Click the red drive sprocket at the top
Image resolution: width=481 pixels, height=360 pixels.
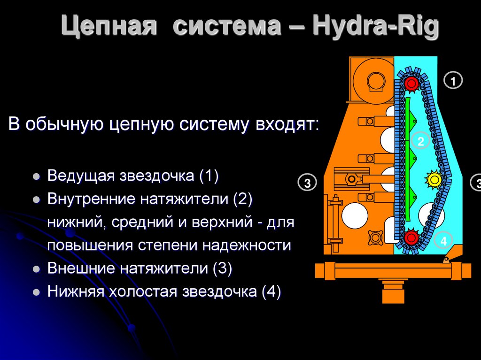point(412,84)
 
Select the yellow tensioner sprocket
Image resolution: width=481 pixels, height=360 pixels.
point(434,179)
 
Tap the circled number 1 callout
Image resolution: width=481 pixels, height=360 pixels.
point(453,81)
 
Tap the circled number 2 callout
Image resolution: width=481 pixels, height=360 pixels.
point(420,141)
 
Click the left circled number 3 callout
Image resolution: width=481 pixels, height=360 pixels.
point(308,183)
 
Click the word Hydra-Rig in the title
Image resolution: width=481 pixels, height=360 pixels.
point(375,27)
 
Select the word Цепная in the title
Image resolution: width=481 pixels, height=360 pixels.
point(109,27)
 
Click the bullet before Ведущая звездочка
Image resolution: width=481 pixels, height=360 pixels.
point(36,177)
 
